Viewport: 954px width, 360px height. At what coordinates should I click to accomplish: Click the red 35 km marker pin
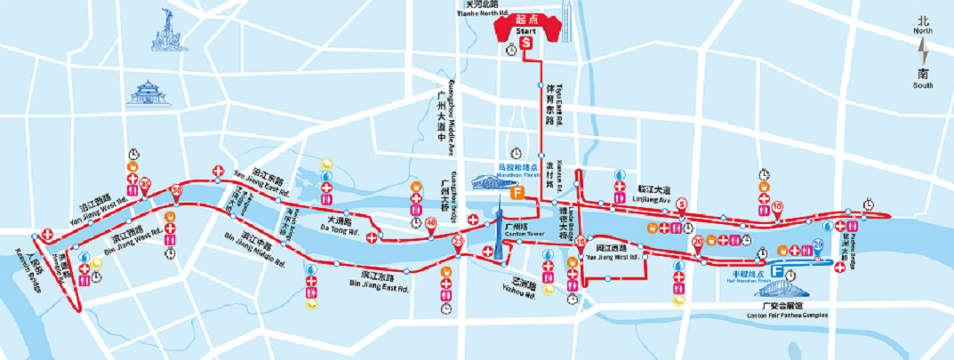(x=145, y=185)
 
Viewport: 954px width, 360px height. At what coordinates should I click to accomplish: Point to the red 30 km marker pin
(x=176, y=189)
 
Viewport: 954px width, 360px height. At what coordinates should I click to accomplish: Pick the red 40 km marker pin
(x=431, y=223)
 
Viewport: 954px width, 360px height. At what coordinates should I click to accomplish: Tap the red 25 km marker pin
(x=459, y=241)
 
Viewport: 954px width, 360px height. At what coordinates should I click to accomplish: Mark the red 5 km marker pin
(x=682, y=204)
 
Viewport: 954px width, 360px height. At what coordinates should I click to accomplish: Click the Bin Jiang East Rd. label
(x=379, y=286)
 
